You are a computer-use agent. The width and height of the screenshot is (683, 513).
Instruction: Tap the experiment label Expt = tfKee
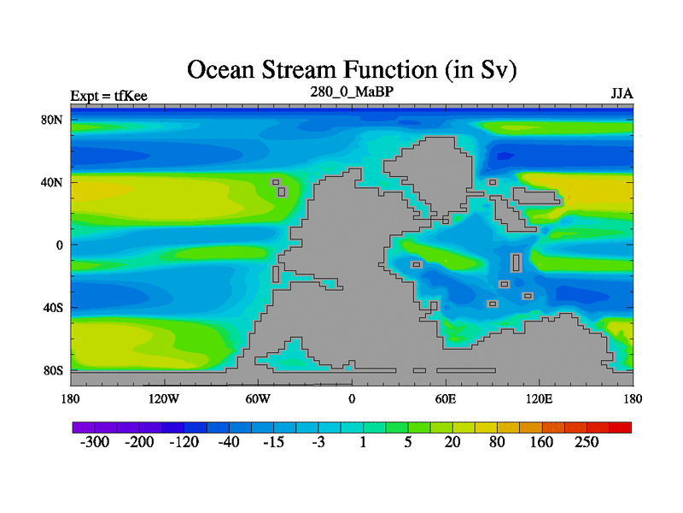(x=109, y=96)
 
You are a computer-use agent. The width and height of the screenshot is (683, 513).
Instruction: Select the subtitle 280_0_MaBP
(x=352, y=91)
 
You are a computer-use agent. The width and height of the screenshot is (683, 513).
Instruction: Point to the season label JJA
(x=622, y=94)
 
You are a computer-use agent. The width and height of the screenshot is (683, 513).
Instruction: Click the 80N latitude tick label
(x=52, y=120)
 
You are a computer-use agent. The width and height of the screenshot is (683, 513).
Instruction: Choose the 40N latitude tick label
(x=52, y=182)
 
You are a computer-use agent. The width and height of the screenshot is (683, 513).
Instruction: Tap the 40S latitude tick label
(x=53, y=308)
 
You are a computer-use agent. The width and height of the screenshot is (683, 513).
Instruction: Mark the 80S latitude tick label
(x=53, y=371)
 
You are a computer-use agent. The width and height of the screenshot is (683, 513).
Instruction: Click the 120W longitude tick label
(x=164, y=398)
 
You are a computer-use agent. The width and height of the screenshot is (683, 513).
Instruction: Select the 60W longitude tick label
(x=258, y=398)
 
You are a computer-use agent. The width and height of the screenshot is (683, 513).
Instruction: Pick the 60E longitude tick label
(x=446, y=398)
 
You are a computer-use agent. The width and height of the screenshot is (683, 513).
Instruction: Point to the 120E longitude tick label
(x=540, y=398)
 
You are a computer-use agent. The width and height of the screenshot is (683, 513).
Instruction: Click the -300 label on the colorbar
(x=95, y=442)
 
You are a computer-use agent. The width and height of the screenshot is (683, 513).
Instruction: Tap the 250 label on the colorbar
(x=587, y=442)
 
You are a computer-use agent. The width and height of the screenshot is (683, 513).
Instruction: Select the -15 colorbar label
(x=273, y=442)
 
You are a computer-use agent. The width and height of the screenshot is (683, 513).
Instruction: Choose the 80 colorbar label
(x=497, y=442)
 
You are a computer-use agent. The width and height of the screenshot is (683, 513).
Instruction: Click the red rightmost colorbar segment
(x=621, y=427)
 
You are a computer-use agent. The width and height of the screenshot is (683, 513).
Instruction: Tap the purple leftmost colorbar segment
(x=84, y=427)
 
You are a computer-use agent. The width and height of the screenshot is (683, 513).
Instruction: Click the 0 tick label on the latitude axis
(x=60, y=245)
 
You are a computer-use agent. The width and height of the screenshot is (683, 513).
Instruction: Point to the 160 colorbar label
(x=541, y=442)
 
